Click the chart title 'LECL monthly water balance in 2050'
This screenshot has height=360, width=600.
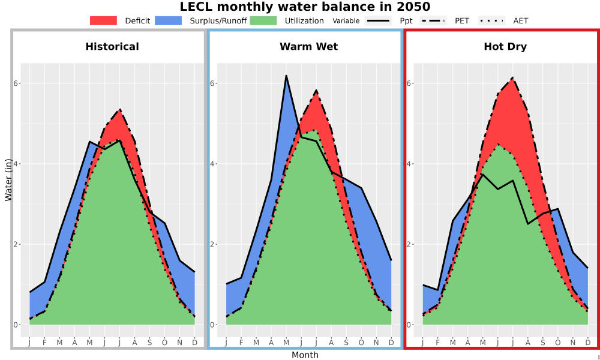point(305,7)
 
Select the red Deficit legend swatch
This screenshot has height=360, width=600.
point(103,20)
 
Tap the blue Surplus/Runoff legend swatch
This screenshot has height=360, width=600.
point(169,20)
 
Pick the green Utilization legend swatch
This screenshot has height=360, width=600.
point(263,20)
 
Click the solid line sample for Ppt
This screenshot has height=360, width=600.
point(377,20)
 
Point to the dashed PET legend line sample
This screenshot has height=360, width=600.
point(433,20)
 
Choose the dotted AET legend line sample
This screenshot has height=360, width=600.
point(491,20)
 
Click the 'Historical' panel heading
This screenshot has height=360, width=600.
point(112,47)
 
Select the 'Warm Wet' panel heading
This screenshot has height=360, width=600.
point(309,47)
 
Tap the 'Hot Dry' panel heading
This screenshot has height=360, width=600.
point(505,47)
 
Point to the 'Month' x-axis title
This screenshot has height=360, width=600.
point(305,355)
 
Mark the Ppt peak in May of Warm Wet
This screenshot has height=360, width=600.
point(286,76)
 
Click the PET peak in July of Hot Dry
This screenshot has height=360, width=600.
point(513,77)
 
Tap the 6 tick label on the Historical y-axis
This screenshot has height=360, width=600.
point(16,83)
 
